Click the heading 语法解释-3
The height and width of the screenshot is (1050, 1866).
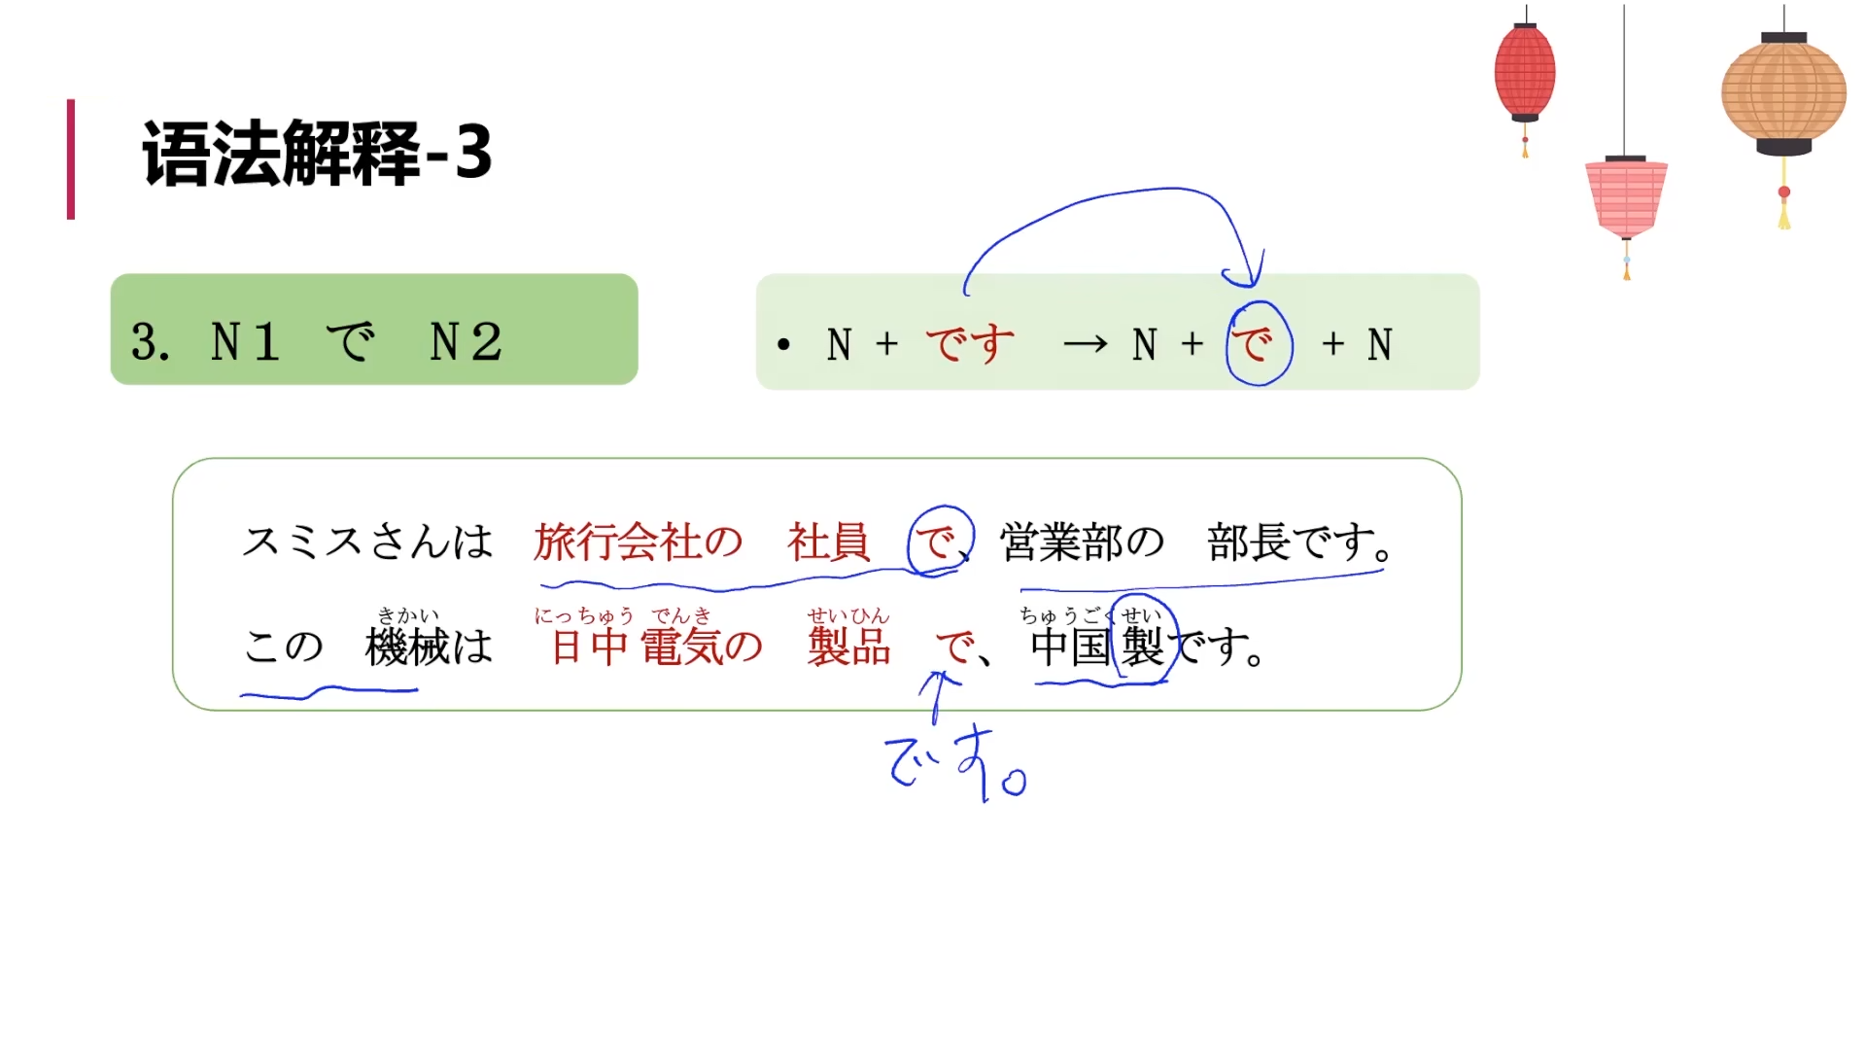317,154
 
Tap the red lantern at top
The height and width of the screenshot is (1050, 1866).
1524,73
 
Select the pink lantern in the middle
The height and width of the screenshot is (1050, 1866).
1626,197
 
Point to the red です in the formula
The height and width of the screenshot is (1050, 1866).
969,344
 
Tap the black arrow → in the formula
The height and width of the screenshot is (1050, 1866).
1085,344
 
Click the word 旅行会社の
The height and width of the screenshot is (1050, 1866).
638,542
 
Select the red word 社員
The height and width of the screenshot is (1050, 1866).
828,542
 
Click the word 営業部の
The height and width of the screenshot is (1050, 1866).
1082,542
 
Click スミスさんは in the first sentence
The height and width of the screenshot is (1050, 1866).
367,542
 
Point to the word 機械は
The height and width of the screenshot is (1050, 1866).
429,647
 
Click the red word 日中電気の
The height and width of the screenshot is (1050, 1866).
657,647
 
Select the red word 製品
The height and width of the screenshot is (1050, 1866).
848,647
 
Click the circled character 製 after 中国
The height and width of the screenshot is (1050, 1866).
1143,647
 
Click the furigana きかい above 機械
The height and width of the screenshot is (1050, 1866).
408,615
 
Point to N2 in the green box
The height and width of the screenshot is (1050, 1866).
466,341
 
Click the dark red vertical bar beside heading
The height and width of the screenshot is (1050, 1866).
71,158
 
